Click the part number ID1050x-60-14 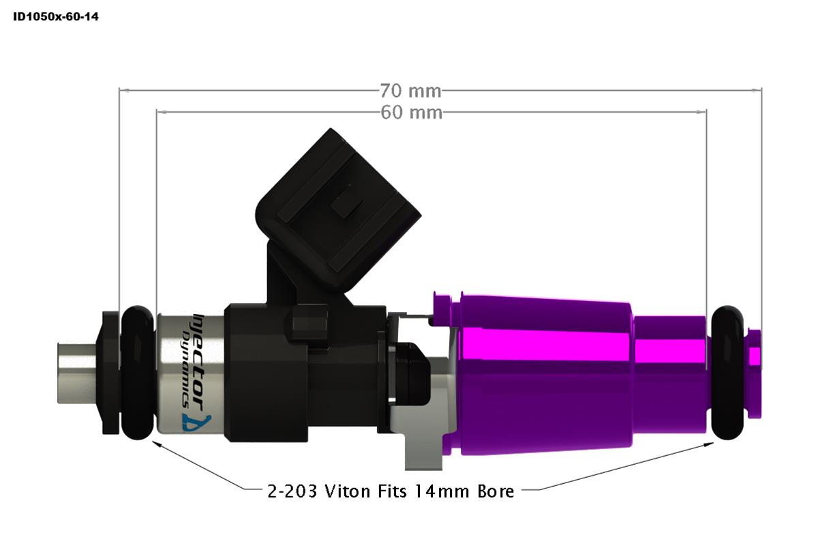[56, 16]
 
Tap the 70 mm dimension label [410, 90]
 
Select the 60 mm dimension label [410, 112]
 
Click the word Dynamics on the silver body [185, 362]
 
